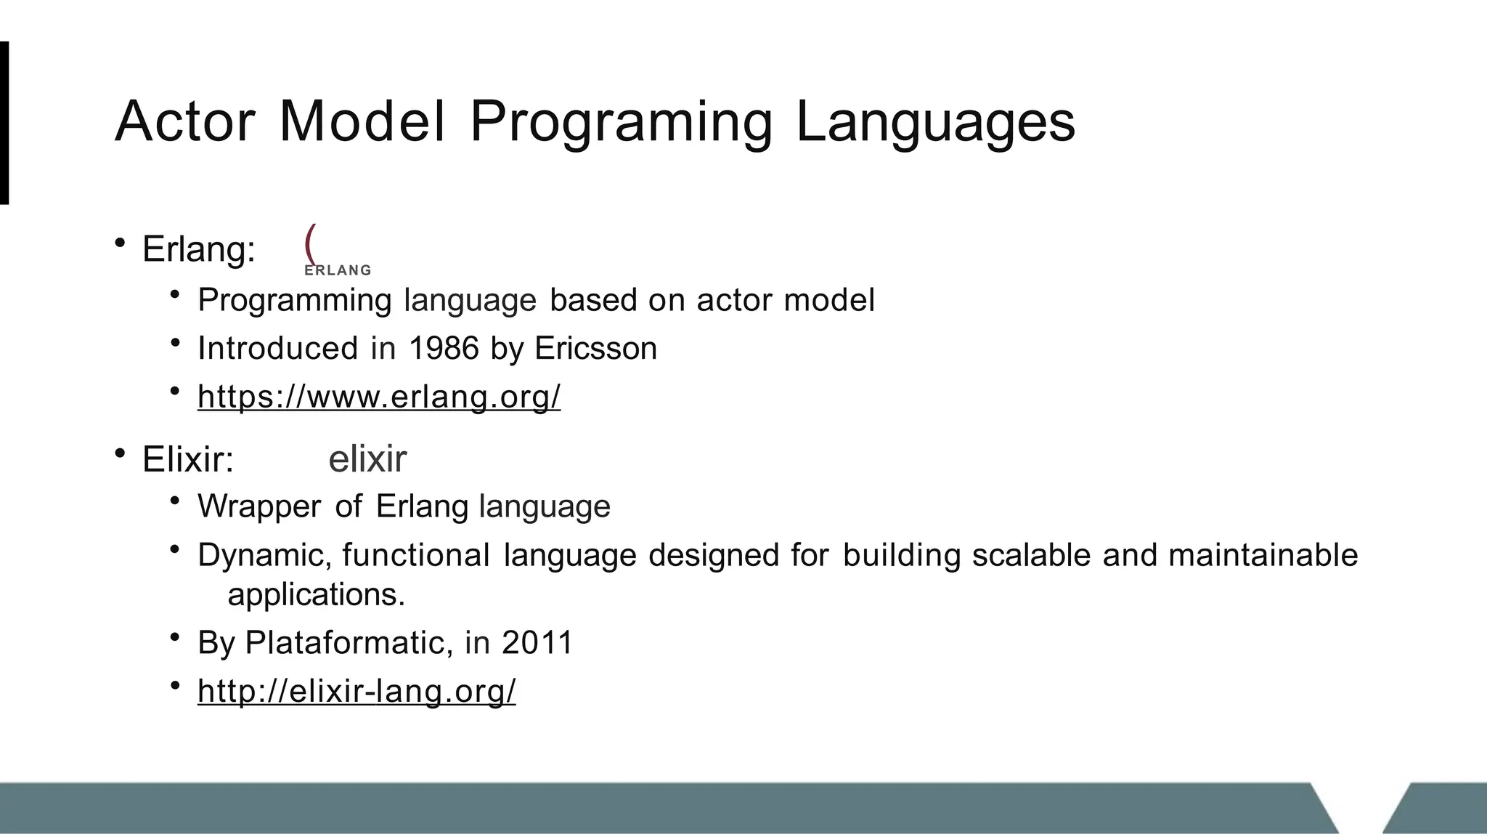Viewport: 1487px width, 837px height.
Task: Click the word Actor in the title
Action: [185, 121]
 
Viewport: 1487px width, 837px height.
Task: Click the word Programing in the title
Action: [622, 121]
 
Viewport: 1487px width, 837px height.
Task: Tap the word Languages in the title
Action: [935, 121]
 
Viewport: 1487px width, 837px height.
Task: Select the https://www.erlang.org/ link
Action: [379, 397]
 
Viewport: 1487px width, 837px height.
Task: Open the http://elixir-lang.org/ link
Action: [357, 690]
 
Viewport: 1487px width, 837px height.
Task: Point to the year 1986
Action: [444, 349]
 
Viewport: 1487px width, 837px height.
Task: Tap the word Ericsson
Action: [595, 349]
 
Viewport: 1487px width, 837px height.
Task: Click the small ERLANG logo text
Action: [338, 270]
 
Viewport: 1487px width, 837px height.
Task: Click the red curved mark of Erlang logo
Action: [310, 243]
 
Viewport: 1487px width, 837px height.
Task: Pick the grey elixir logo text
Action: [367, 459]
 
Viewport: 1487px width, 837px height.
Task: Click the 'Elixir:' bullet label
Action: [188, 459]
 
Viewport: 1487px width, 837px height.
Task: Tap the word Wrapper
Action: [259, 506]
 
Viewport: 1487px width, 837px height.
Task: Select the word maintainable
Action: [1263, 556]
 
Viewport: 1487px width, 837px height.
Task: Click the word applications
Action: [315, 595]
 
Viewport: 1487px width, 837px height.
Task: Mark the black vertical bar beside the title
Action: [4, 123]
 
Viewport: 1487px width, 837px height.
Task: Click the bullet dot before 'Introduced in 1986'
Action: [175, 342]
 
